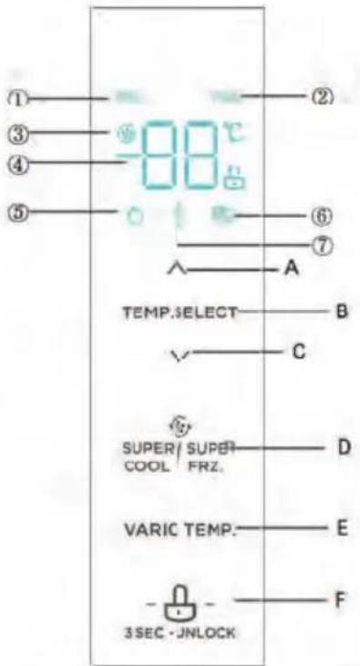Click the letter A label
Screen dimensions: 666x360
(x=291, y=269)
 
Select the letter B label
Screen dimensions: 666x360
(x=343, y=311)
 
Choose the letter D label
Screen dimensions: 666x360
(x=344, y=447)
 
